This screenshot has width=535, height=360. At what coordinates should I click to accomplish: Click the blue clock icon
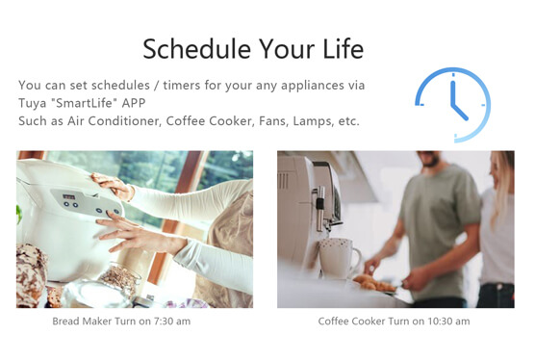452,105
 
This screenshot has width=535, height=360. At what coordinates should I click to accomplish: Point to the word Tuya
34,103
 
